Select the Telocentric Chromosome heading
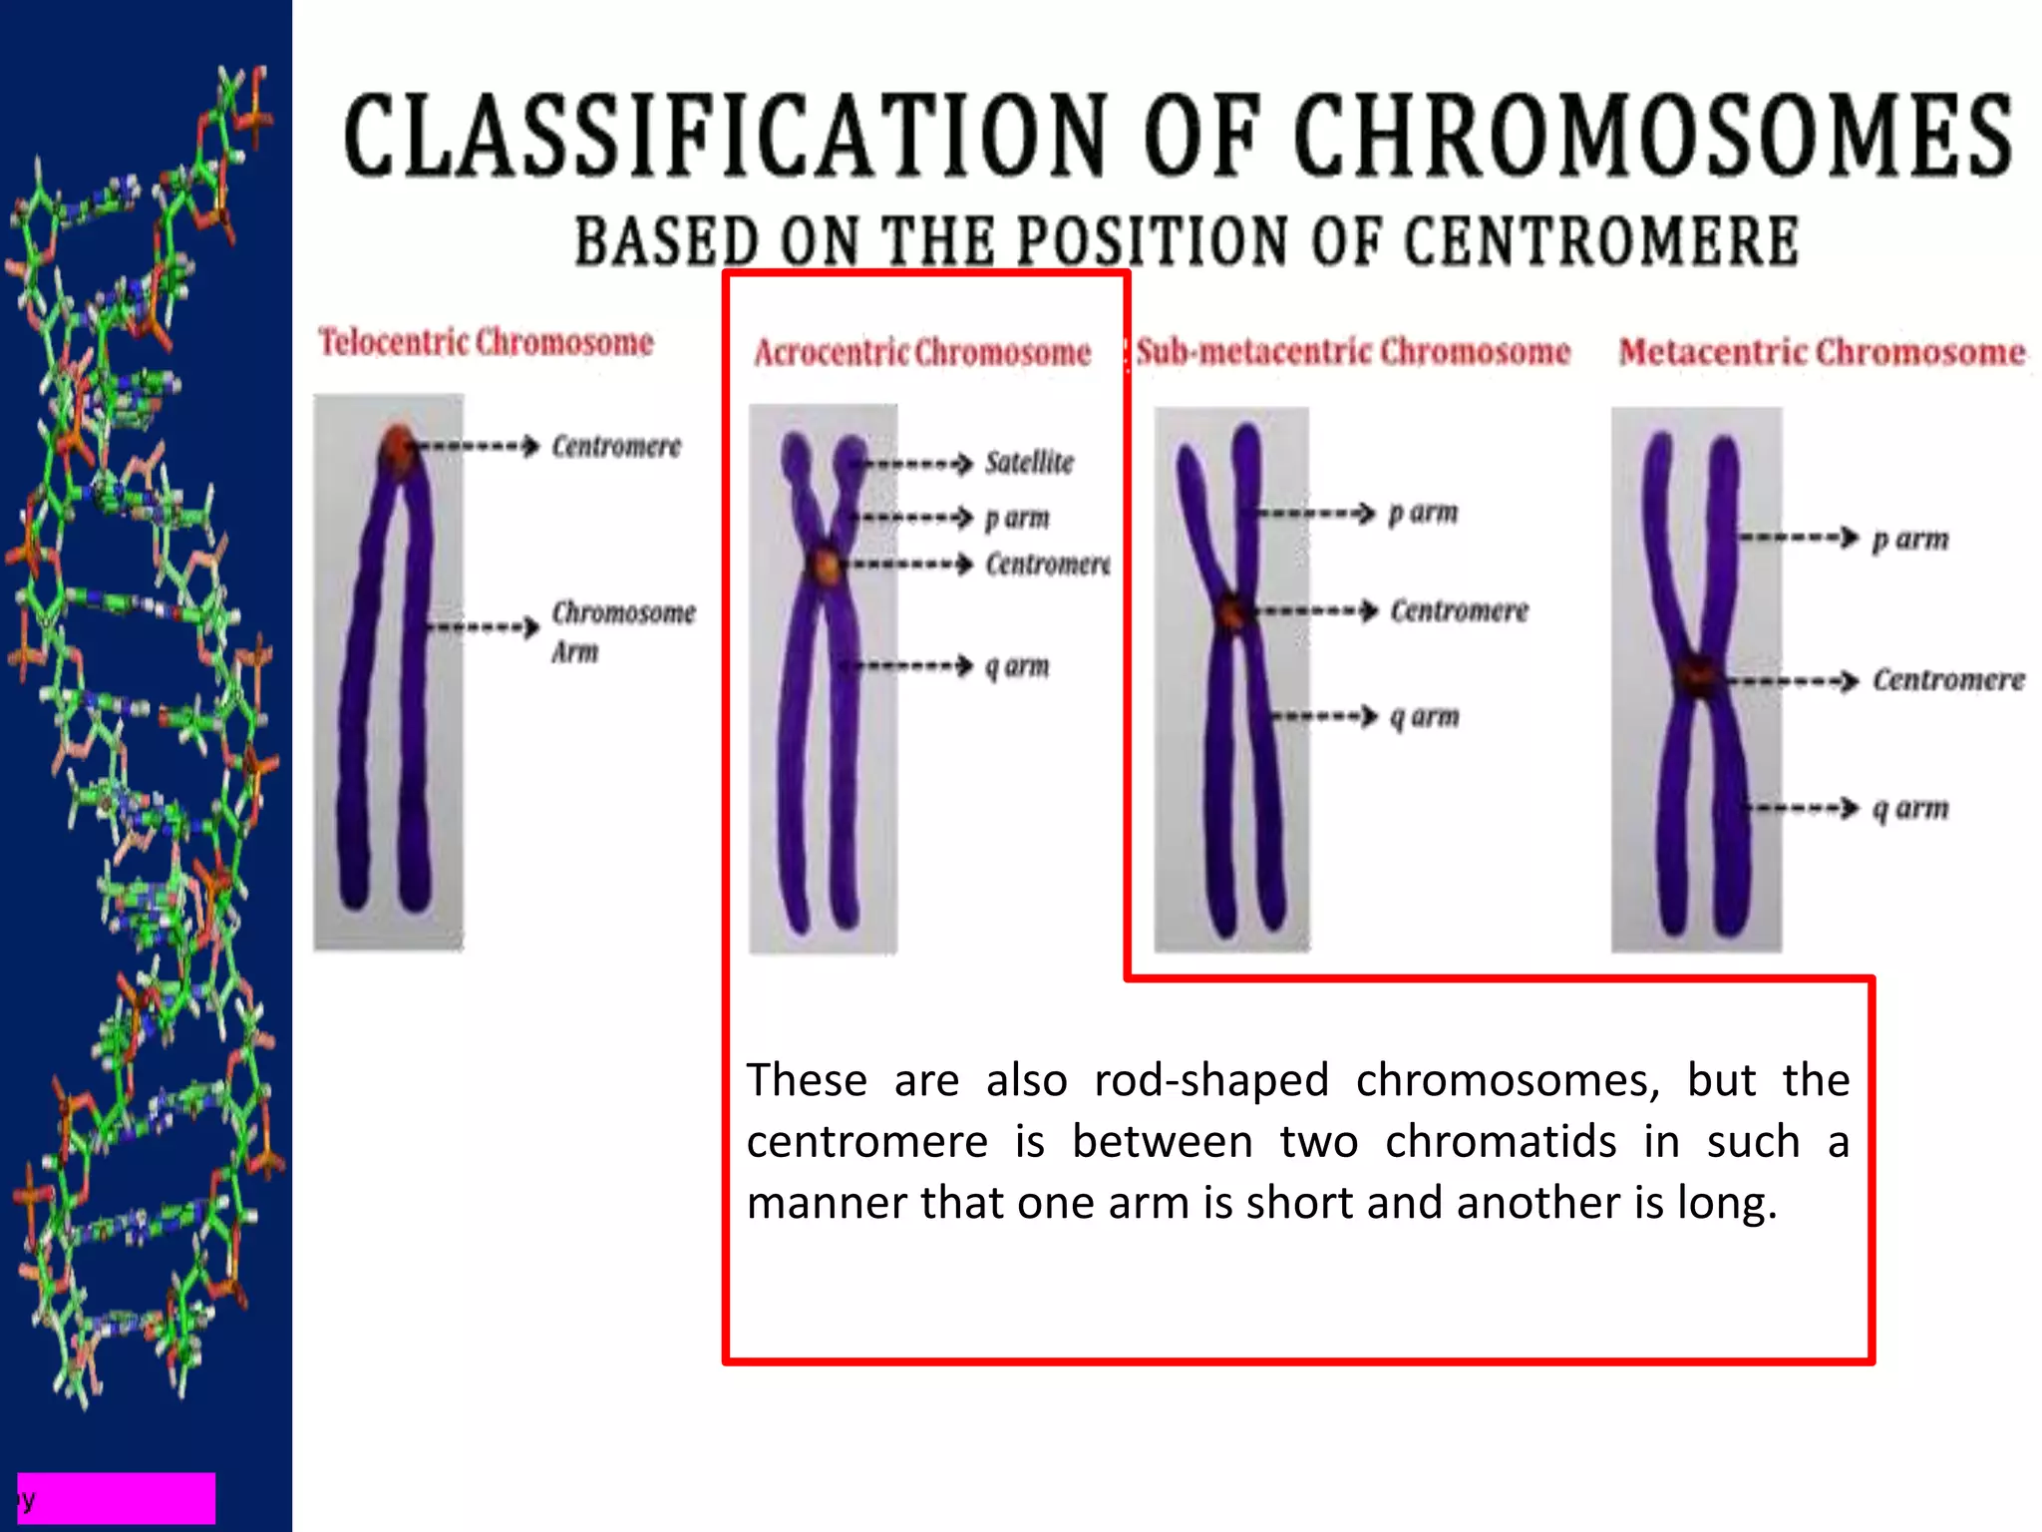coord(486,342)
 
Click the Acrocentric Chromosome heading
coord(922,352)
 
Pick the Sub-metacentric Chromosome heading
coord(1353,351)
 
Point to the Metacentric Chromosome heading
coord(1822,352)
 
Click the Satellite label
coord(1029,463)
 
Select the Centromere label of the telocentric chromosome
coord(616,446)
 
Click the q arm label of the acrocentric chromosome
coord(1017,665)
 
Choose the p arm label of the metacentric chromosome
coord(1909,539)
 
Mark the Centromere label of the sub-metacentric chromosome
coord(1459,610)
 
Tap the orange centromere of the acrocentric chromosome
coord(826,566)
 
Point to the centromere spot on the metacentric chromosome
coord(1696,676)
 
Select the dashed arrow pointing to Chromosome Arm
coord(484,627)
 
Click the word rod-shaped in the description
coord(1211,1080)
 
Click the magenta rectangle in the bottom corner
coord(117,1497)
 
